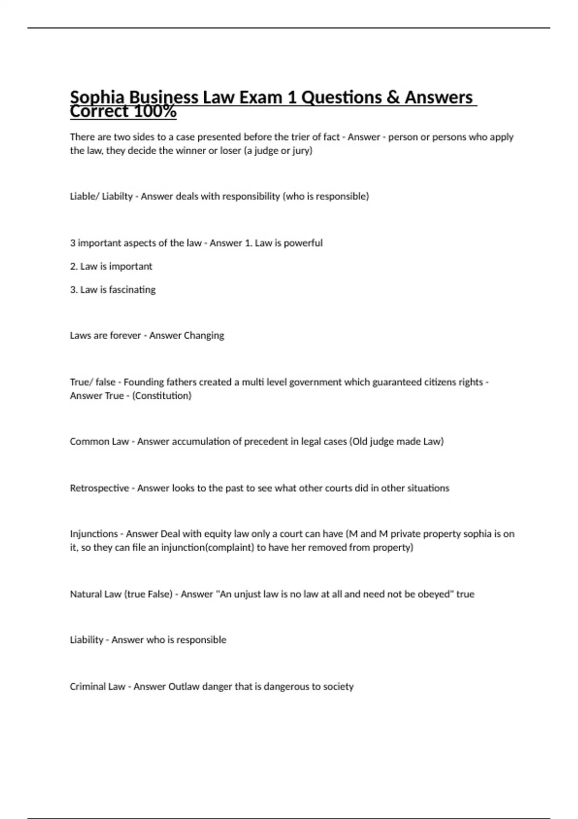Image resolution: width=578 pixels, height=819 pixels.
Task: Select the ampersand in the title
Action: (x=393, y=97)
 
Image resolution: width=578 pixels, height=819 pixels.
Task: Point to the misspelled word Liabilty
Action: (x=117, y=197)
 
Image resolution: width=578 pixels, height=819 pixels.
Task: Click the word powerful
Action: (x=303, y=243)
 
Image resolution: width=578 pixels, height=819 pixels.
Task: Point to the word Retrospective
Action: (x=99, y=488)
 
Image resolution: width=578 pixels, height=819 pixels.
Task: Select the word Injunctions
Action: (x=94, y=534)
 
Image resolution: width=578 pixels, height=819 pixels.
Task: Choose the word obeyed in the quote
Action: (x=435, y=594)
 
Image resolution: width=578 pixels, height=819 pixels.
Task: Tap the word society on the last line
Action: (x=338, y=687)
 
